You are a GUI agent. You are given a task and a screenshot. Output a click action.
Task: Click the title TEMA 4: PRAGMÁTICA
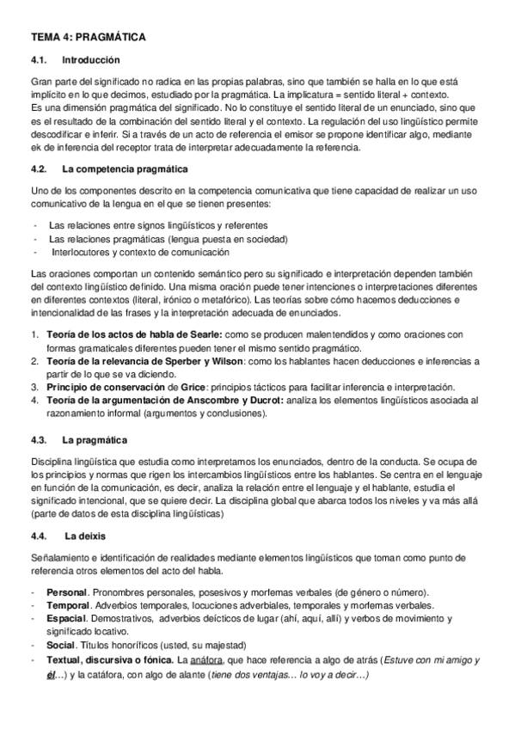(x=88, y=38)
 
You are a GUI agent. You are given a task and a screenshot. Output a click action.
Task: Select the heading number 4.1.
(x=40, y=60)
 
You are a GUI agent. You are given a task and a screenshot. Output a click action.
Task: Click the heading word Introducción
(x=91, y=60)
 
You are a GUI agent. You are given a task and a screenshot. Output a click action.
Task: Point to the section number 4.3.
(x=40, y=440)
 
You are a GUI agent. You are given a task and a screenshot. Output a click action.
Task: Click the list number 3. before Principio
(x=34, y=388)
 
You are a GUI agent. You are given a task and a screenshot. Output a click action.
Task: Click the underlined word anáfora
(x=210, y=659)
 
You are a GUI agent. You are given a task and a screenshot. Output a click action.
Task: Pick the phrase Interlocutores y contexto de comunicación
(x=139, y=252)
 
